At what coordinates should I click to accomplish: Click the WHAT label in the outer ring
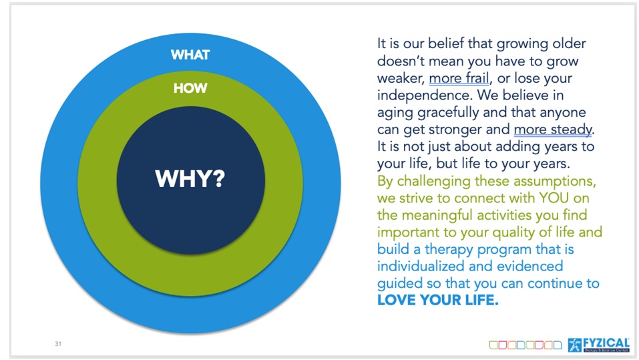click(190, 55)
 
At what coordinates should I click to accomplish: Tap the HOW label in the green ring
click(190, 88)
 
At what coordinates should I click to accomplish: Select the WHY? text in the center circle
click(190, 178)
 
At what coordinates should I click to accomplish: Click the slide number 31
click(58, 344)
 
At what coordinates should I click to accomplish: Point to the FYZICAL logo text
click(606, 343)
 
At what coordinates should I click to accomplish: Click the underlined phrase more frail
click(459, 78)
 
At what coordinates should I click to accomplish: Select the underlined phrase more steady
click(553, 130)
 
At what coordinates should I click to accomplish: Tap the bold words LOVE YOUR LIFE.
click(437, 300)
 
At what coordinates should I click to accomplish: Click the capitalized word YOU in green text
click(554, 198)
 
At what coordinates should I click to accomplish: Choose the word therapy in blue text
click(448, 250)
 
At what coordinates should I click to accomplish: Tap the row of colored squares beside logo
click(525, 345)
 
